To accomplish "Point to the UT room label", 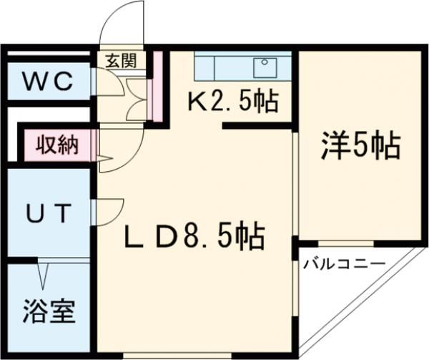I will pyautogui.click(x=48, y=213).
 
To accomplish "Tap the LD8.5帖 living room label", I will pyautogui.click(x=192, y=235).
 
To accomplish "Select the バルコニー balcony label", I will pyautogui.click(x=344, y=265).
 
